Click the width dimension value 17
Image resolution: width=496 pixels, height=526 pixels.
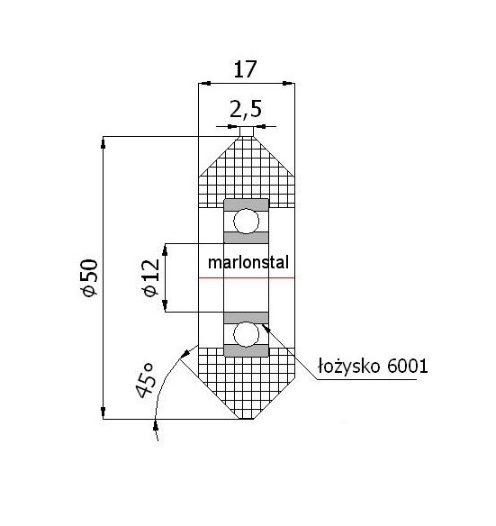pos(245,69)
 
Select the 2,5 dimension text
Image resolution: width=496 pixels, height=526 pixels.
pos(246,109)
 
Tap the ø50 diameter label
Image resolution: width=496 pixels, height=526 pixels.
pos(90,277)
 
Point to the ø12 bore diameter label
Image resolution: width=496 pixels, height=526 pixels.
pos(151,277)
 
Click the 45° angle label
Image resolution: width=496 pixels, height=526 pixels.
pos(146,380)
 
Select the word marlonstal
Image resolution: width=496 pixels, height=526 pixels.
pos(248,262)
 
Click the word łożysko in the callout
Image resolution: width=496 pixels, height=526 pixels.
pos(349,366)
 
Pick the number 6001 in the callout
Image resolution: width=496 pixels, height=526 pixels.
pos(408,366)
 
